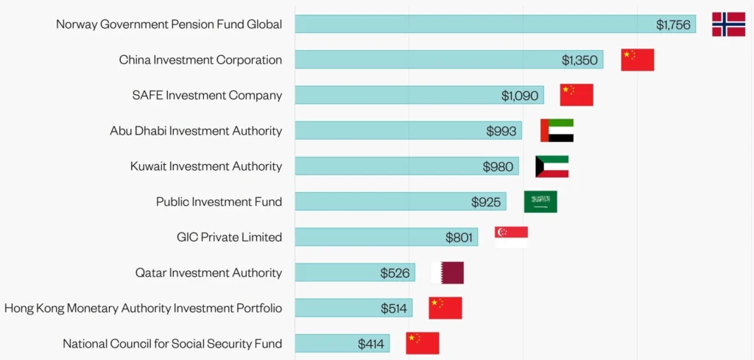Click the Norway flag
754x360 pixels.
coord(728,24)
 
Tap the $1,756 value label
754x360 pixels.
coord(673,24)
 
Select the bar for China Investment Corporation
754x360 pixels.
coord(449,60)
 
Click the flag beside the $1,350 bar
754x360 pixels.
coord(637,60)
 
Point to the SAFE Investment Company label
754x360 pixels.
coord(207,95)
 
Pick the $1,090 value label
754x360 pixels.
coord(519,95)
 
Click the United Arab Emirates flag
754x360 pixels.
coord(557,130)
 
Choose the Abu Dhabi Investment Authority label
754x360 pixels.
coord(196,130)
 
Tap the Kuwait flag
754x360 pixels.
coord(552,166)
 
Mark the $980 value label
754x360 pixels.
coord(498,166)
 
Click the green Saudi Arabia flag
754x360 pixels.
coord(540,201)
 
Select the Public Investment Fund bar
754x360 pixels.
coord(401,201)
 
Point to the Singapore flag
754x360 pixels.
coord(511,236)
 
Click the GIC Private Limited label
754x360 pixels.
coord(229,237)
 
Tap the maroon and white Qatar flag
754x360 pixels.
coord(447,272)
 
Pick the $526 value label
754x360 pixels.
coord(395,272)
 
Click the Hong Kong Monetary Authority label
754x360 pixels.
coord(143,308)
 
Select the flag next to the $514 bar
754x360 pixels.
coord(445,308)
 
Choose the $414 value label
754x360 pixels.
coord(372,343)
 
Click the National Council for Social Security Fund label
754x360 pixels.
coord(172,343)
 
